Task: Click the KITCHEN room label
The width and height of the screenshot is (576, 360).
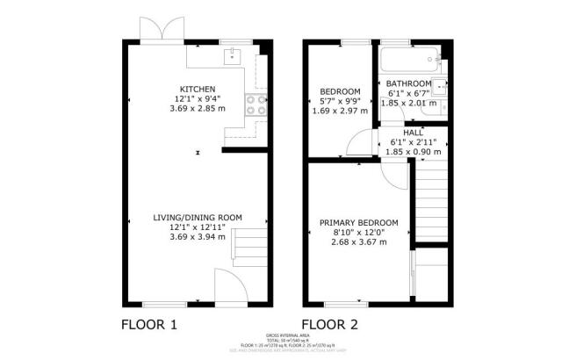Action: pos(198,90)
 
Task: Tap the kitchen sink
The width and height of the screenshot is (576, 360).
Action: pos(234,57)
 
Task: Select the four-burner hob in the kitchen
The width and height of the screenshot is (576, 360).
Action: pos(255,105)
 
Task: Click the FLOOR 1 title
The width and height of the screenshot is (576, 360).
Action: pos(148,325)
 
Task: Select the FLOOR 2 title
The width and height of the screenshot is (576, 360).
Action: pos(329,325)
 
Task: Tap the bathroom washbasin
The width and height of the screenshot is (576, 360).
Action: pos(442,88)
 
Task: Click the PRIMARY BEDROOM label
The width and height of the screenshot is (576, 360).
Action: pos(359,222)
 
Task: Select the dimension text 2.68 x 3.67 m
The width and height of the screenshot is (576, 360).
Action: pos(359,243)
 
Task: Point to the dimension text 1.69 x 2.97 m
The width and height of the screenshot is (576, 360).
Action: pos(339,112)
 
